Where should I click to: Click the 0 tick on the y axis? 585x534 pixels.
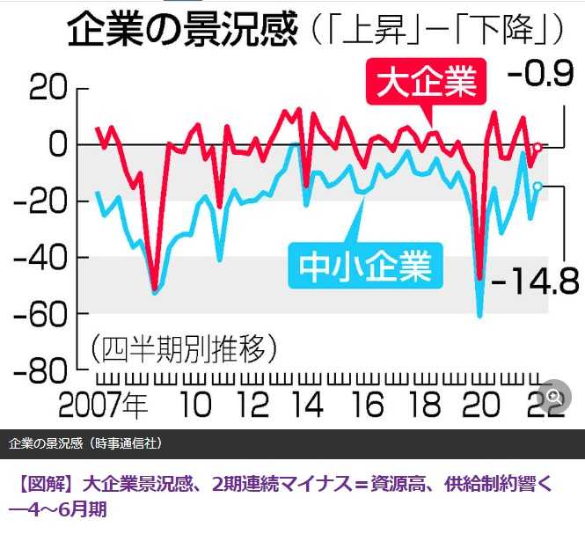[x=56, y=143]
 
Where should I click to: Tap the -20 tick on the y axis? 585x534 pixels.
[x=37, y=201]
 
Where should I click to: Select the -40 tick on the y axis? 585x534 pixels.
[x=37, y=257]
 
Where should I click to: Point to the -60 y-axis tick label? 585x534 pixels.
[x=37, y=314]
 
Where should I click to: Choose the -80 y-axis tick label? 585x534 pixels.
[x=37, y=370]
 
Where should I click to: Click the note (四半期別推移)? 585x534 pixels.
[x=184, y=347]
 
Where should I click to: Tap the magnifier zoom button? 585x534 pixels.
[x=553, y=397]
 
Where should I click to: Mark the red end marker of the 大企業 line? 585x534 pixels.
[x=537, y=147]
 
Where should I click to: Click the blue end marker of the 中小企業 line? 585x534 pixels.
[x=537, y=186]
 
